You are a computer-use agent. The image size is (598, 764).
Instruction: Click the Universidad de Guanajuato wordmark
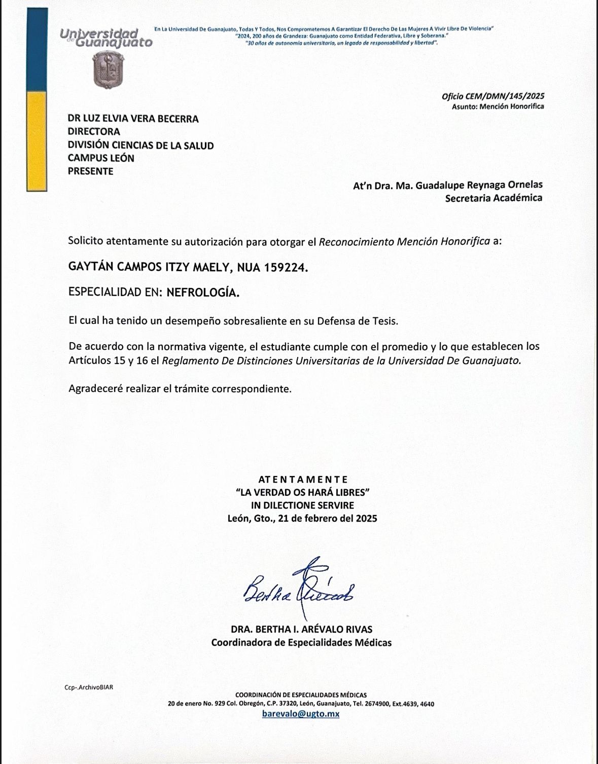[106, 38]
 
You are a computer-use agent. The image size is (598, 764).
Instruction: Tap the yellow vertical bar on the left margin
[37, 141]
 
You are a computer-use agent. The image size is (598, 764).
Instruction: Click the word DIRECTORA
[94, 132]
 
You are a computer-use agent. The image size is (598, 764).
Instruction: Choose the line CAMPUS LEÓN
[101, 158]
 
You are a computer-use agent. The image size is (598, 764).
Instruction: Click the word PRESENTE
[91, 171]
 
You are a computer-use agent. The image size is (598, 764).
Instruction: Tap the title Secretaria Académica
[493, 198]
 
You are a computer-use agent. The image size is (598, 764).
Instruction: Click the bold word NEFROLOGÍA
[203, 293]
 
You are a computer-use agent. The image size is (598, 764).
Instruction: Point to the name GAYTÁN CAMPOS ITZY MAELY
[149, 268]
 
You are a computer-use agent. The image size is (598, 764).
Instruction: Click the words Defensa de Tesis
[358, 321]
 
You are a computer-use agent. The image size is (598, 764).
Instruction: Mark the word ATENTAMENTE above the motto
[303, 479]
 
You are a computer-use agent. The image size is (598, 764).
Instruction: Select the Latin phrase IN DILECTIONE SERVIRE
[303, 505]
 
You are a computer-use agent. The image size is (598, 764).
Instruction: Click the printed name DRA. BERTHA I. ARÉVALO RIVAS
[301, 629]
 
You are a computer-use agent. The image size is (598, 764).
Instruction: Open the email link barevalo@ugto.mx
[301, 713]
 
